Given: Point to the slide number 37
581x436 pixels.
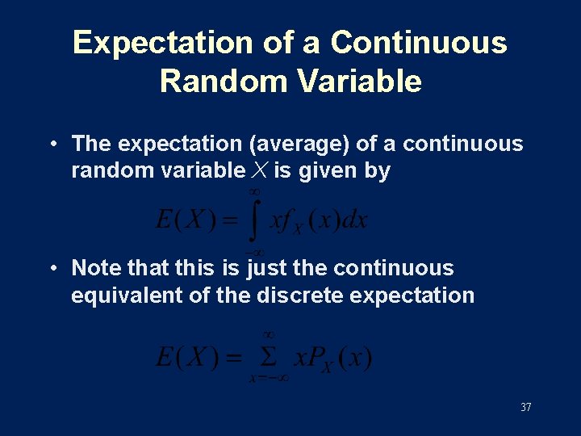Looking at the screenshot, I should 525,408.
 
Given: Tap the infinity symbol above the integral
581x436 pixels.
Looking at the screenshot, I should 254,191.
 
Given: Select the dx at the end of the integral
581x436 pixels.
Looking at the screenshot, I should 353,220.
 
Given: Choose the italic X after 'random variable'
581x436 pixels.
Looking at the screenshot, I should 259,170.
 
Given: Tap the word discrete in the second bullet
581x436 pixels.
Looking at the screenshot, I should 296,296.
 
